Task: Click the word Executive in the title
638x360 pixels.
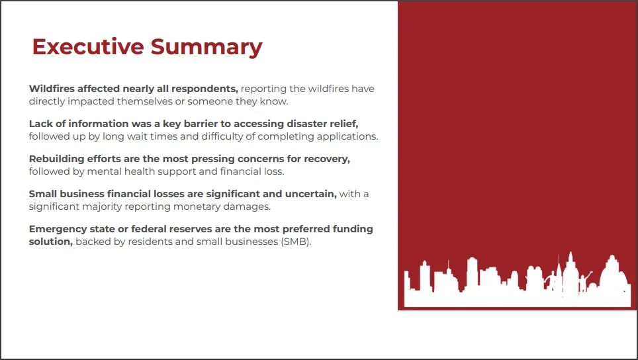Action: pyautogui.click(x=88, y=46)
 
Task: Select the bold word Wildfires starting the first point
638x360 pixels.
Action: pyautogui.click(x=52, y=89)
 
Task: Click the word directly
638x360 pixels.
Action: pyautogui.click(x=47, y=102)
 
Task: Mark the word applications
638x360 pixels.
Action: pyautogui.click(x=347, y=137)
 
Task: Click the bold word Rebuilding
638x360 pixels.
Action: pyautogui.click(x=56, y=159)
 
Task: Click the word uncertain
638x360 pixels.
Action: pyautogui.click(x=311, y=194)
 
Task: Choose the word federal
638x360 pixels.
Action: pyautogui.click(x=150, y=229)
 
